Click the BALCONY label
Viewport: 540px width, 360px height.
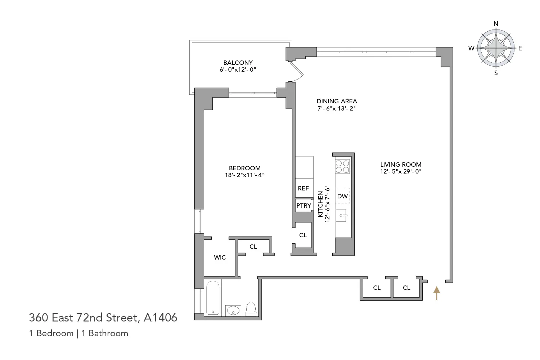(x=238, y=63)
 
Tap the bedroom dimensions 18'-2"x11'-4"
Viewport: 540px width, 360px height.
(x=244, y=175)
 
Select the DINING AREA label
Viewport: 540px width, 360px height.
(x=337, y=101)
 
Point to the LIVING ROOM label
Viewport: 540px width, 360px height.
(x=401, y=165)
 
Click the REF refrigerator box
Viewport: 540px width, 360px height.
(x=303, y=188)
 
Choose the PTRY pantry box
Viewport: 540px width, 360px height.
(x=303, y=206)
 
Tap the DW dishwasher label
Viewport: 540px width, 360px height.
(x=342, y=196)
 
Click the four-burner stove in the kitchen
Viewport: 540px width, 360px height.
(x=342, y=166)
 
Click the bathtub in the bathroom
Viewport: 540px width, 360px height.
(x=213, y=298)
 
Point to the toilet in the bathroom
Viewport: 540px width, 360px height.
(x=251, y=309)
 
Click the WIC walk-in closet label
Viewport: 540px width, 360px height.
(x=220, y=257)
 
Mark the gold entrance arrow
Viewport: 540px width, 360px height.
(x=436, y=293)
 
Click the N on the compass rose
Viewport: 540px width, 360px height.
(x=496, y=24)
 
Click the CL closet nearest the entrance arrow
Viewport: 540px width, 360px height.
(x=406, y=288)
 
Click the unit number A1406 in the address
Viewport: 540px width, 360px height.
(x=160, y=318)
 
